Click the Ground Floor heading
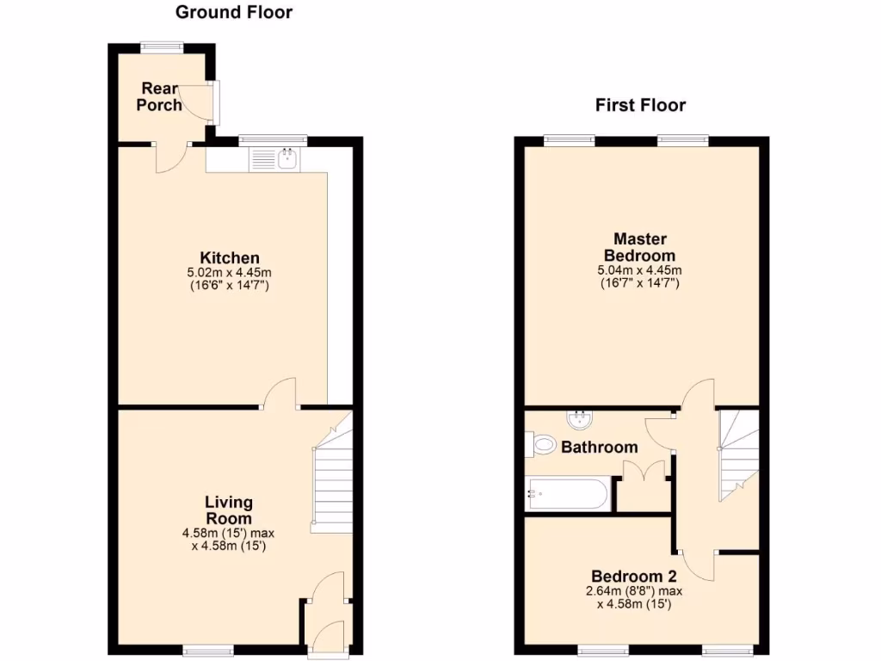tap(233, 12)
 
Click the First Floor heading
tap(640, 105)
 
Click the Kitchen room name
tap(230, 257)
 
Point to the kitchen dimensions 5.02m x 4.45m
tap(230, 279)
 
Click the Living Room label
tap(228, 510)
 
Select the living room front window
tap(207, 651)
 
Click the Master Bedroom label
tap(639, 247)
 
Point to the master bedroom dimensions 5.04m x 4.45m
tap(639, 276)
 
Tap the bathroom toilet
tap(541, 445)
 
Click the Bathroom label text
tap(600, 447)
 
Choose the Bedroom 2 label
tap(633, 576)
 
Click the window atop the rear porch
tap(162, 48)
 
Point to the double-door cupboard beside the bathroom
tap(644, 486)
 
